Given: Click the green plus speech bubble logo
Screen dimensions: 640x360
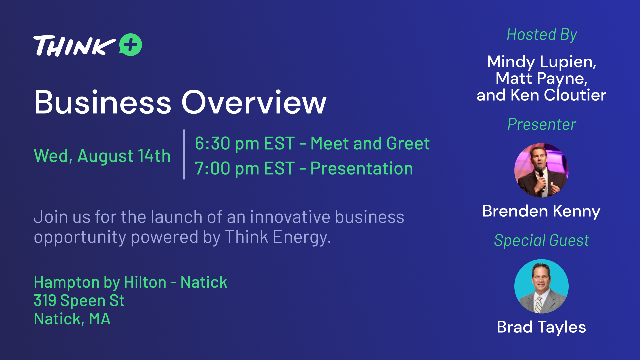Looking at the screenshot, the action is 131,45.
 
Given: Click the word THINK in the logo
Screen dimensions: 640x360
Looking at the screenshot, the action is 74,46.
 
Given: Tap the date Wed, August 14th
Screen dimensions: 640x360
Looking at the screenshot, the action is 102,156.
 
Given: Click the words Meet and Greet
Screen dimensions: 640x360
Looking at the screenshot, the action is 370,143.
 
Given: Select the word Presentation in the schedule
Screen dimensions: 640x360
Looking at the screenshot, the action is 362,168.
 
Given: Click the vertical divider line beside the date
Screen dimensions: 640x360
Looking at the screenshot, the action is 184,154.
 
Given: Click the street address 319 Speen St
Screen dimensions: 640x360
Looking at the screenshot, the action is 79,301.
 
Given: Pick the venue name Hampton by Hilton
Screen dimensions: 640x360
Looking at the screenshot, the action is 100,282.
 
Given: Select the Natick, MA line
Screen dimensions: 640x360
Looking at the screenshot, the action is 72,319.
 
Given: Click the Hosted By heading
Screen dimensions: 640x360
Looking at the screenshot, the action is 542,35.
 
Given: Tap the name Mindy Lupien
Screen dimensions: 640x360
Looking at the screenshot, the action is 540,62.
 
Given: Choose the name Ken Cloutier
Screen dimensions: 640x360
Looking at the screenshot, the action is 558,95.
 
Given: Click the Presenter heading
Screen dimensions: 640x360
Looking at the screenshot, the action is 542,125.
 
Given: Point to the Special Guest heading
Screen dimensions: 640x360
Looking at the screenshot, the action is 541,240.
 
